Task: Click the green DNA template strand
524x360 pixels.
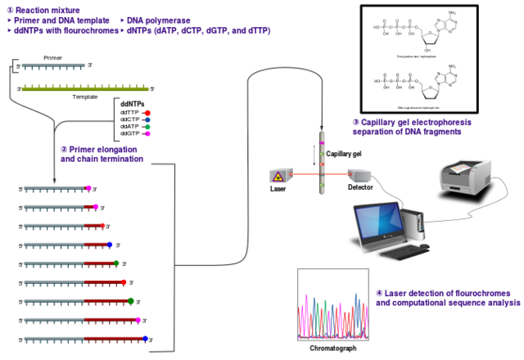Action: (x=85, y=88)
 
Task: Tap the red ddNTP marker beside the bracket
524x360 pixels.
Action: (x=147, y=112)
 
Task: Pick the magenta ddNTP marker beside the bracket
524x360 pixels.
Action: (x=147, y=134)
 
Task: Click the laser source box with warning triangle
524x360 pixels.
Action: (x=280, y=175)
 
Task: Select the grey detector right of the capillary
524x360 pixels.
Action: (x=359, y=174)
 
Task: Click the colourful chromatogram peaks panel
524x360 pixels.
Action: (x=332, y=304)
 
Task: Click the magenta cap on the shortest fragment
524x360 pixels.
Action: (x=88, y=188)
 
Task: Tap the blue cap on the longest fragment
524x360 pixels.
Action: (x=145, y=338)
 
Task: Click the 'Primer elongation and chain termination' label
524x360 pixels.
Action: (x=102, y=154)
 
